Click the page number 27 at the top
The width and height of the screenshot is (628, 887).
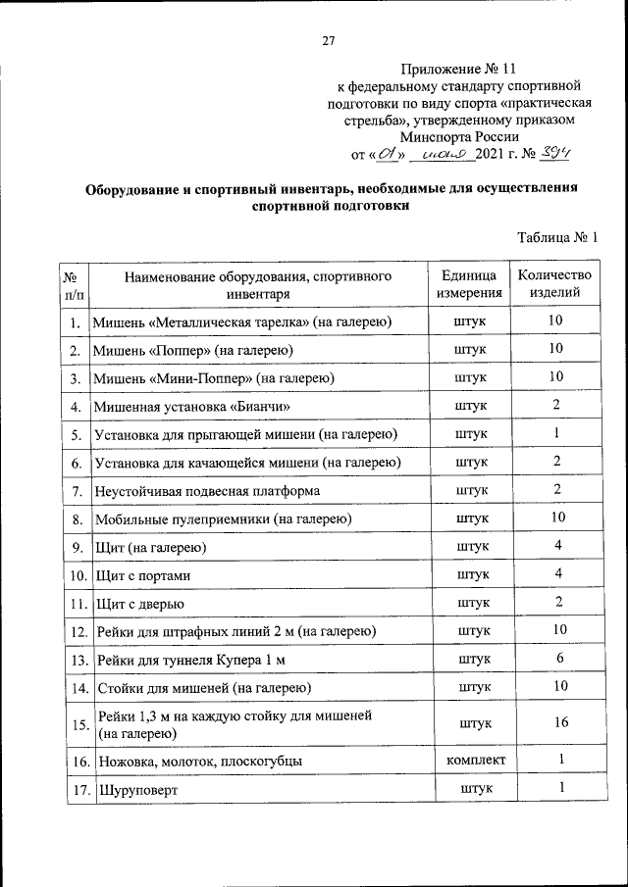click(329, 40)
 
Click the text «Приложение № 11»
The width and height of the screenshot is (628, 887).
click(457, 70)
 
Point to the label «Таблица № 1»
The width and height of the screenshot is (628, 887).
click(556, 237)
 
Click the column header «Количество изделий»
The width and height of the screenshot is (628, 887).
click(555, 284)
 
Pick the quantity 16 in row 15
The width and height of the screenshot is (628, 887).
click(556, 722)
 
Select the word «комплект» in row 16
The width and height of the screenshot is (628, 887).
click(476, 760)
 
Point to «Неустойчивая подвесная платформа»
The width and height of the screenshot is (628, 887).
click(207, 490)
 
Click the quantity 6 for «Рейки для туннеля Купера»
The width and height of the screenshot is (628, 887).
click(556, 659)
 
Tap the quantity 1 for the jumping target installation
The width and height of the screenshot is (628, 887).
click(556, 432)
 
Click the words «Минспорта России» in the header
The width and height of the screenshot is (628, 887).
click(457, 137)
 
